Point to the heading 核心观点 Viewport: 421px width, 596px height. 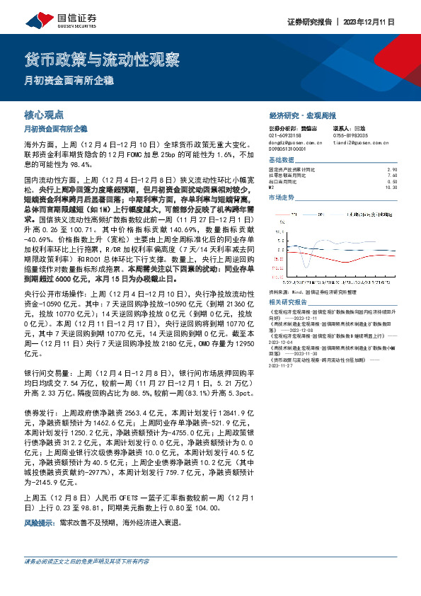[x=44, y=115]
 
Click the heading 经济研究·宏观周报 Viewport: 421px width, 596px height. [x=302, y=115]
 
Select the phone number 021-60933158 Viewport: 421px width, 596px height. [x=285, y=136]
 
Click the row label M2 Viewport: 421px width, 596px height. [x=273, y=188]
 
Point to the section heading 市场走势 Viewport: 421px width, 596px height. [x=282, y=197]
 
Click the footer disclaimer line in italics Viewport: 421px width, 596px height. [x=89, y=561]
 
